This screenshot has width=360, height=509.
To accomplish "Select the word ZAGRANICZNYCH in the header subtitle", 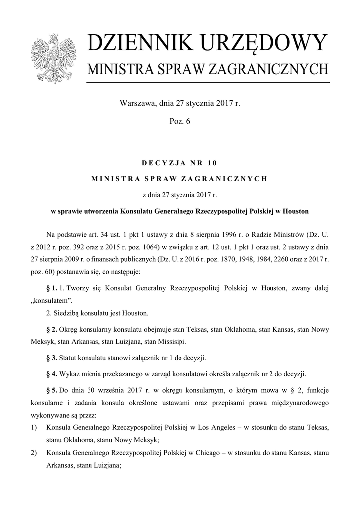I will (x=275, y=69).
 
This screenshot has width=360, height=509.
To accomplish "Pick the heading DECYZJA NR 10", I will (x=180, y=163).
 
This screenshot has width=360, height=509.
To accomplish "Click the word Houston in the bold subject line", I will (x=296, y=211).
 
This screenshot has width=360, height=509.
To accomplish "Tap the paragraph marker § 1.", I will (x=51, y=288).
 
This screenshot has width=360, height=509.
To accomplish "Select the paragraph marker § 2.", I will (x=51, y=330).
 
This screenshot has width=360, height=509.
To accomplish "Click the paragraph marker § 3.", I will (x=51, y=358).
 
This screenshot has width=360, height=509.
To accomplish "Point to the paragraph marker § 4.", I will (x=51, y=373).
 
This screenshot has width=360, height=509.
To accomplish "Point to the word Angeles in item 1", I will (x=214, y=427).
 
